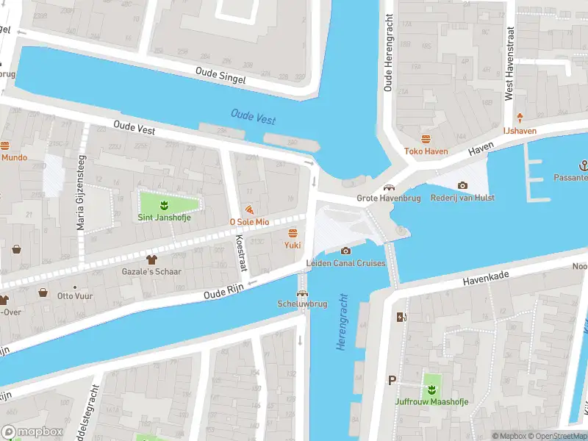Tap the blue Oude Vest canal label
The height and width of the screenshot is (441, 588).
(253, 116)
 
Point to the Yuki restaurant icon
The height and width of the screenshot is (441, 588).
(293, 233)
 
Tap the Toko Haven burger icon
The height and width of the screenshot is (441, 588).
(426, 139)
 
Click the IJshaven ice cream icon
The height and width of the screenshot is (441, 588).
(520, 118)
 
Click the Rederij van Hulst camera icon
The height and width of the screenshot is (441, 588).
(462, 185)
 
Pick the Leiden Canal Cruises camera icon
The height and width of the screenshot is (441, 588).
(345, 251)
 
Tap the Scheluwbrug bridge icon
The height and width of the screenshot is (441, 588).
(302, 293)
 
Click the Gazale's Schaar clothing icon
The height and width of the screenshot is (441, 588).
(151, 259)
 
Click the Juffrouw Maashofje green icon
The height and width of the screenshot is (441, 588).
(431, 388)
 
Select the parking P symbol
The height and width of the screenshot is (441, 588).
(392, 381)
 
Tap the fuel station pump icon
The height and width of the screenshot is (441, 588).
(401, 317)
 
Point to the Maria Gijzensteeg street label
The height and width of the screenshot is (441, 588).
(82, 193)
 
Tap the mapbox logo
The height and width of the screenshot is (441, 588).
(32, 432)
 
